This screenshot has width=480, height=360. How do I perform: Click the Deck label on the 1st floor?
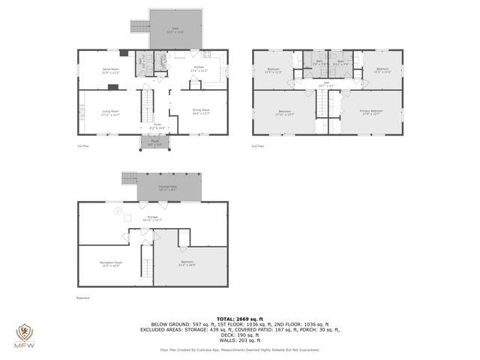click(x=177, y=29)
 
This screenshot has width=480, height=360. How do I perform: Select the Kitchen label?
click(x=199, y=69)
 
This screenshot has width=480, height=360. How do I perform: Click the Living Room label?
click(x=110, y=112)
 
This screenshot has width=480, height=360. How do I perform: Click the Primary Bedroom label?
click(x=372, y=112)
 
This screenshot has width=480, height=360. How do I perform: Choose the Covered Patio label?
click(x=168, y=188)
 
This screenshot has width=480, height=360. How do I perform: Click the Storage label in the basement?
click(x=152, y=217)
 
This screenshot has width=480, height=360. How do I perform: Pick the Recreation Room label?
click(x=111, y=264)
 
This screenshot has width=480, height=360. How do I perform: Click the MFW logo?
click(x=23, y=335)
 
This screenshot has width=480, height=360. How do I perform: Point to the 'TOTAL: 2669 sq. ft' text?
click(x=239, y=319)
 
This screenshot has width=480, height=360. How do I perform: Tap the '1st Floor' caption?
click(x=84, y=145)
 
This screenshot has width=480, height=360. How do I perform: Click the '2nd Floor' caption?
click(x=259, y=145)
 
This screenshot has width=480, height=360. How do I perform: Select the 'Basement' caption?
click(x=82, y=298)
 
